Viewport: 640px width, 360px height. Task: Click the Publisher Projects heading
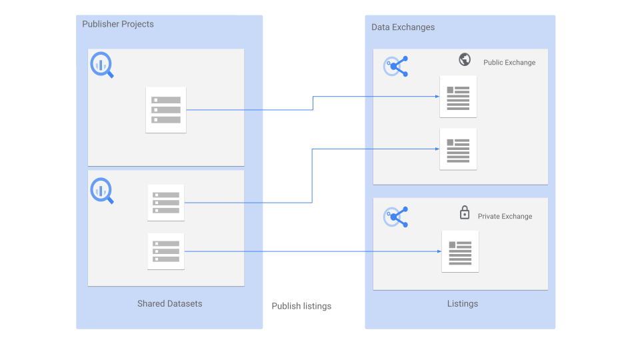118,25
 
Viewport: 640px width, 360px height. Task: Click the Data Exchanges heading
403,27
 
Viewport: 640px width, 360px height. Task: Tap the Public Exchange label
509,63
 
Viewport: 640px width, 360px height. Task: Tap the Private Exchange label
505,217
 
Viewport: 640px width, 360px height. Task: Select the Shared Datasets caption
169,304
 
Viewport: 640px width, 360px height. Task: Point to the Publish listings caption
301,306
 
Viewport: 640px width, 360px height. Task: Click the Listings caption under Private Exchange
463,304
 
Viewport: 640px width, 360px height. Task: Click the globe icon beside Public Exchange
465,60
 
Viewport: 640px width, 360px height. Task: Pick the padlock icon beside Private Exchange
465,213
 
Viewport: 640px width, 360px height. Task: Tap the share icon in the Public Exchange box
397,66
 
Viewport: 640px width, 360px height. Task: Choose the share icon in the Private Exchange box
397,217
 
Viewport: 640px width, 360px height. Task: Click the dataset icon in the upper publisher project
166,110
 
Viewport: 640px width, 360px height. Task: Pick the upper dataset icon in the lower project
166,203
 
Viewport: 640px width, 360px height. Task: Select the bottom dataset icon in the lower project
166,251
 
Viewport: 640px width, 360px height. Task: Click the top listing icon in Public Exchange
458,97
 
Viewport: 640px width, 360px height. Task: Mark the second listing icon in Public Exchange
458,149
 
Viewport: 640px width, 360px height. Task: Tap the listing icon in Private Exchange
460,251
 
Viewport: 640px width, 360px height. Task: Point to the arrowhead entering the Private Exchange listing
439,251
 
